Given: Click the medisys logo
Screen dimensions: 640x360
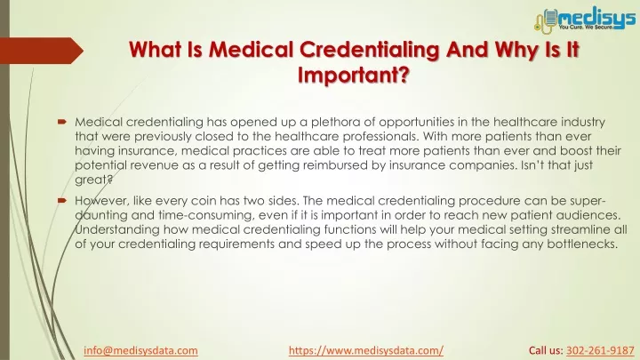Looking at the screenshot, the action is point(585,20).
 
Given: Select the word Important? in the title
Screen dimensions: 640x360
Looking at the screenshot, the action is point(354,75).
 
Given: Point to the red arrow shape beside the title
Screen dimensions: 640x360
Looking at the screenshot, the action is point(42,51).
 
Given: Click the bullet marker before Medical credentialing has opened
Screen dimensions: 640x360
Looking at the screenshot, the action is point(62,122).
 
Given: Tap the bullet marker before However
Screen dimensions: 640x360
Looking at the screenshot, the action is point(62,200).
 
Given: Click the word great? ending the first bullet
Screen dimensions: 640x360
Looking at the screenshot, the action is point(93,180).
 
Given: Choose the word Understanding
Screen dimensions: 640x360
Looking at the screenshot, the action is point(117,230).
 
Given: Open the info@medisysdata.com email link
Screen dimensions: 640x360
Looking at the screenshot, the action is point(140,350).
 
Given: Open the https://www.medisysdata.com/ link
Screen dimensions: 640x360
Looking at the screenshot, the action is point(366,350).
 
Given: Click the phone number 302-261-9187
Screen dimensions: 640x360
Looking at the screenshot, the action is point(600,350).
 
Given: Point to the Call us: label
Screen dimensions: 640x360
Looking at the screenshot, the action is point(546,350).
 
